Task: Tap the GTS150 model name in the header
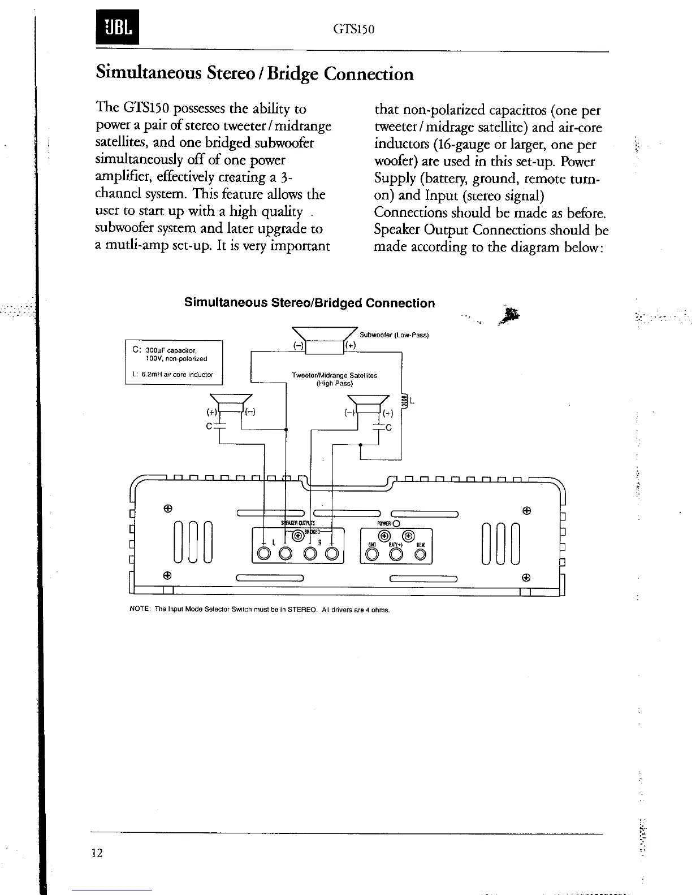355,29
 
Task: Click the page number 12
97,853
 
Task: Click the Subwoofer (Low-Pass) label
395,335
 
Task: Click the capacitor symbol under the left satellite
219,425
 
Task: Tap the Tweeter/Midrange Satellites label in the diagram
334,375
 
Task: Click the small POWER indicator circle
396,523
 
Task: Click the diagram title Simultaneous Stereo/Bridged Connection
310,303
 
